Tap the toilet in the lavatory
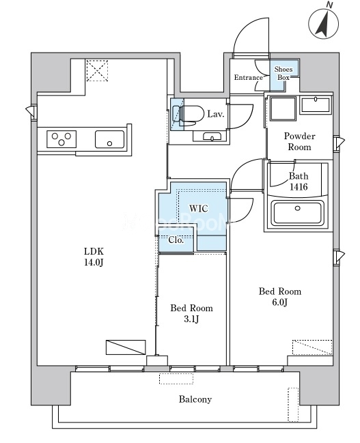pyautogui.click(x=188, y=115)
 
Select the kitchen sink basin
pyautogui.click(x=109, y=139)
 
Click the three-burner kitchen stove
pyautogui.click(x=61, y=139)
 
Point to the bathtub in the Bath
pyautogui.click(x=297, y=212)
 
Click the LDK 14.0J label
pyautogui.click(x=94, y=257)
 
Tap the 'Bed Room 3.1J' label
pyautogui.click(x=191, y=313)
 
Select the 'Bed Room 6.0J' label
pyautogui.click(x=280, y=297)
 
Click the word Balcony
pyautogui.click(x=195, y=399)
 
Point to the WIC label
pyautogui.click(x=199, y=208)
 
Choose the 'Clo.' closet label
pyautogui.click(x=176, y=240)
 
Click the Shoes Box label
pyautogui.click(x=283, y=73)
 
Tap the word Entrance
pyautogui.click(x=248, y=77)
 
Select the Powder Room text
pyautogui.click(x=299, y=141)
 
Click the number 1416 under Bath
pyautogui.click(x=299, y=187)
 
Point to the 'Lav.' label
pyautogui.click(x=215, y=114)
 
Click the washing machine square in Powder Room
pyautogui.click(x=283, y=109)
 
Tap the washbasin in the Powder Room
pyautogui.click(x=316, y=105)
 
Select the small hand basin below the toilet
pyautogui.click(x=212, y=137)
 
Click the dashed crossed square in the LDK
pyautogui.click(x=97, y=70)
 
